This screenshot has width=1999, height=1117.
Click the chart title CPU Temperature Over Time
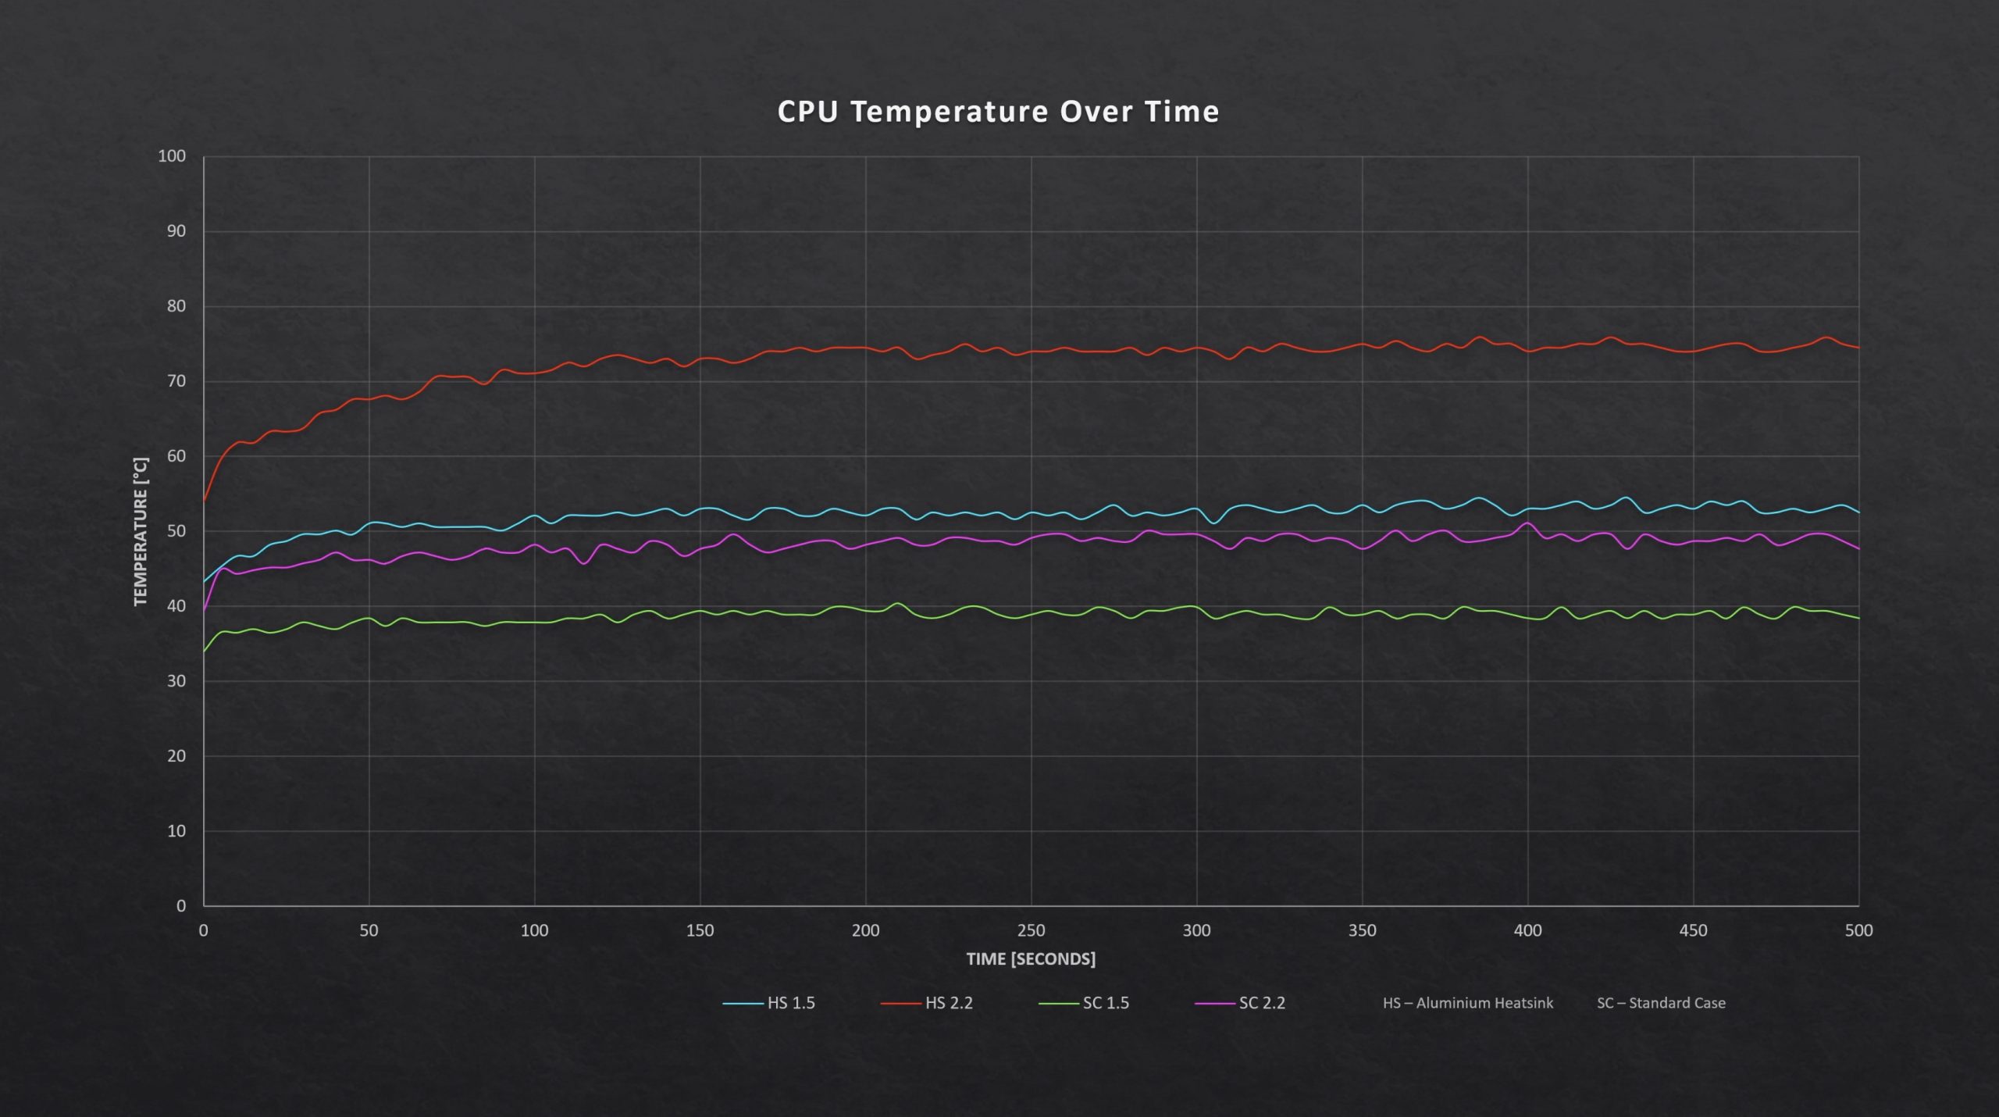[998, 112]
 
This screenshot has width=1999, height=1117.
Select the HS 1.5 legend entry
[790, 1003]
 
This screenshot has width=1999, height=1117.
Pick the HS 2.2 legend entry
[948, 1003]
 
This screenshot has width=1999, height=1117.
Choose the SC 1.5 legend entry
[1105, 1003]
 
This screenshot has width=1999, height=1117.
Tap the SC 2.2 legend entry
[1261, 1003]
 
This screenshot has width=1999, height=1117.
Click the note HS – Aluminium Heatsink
[1467, 1003]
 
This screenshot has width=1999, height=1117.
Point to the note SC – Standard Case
[1661, 1003]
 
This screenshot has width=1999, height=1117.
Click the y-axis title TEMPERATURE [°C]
[141, 531]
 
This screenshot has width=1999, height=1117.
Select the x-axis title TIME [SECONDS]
[1031, 958]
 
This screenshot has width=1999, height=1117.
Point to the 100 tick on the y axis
[172, 156]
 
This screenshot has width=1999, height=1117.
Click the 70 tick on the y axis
[176, 381]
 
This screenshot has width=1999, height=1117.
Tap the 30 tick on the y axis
[176, 681]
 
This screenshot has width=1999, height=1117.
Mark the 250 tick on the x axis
[1031, 930]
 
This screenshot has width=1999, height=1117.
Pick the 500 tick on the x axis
[1858, 930]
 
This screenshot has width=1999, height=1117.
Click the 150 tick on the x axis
[700, 930]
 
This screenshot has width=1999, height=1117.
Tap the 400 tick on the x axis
[1527, 930]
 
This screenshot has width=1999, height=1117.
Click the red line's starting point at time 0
[205, 501]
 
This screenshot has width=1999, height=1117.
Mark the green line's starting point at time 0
[205, 651]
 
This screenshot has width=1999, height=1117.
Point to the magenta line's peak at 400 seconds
[1527, 523]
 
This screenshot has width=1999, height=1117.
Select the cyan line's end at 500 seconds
[1858, 512]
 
